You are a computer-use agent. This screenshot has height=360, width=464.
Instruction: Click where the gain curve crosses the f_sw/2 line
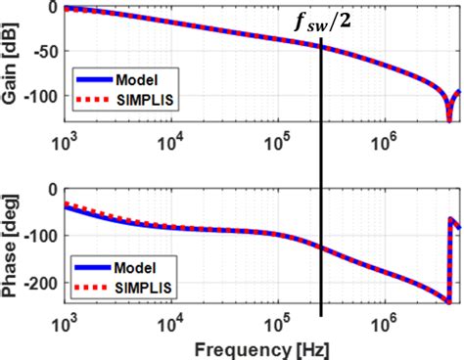pyautogui.click(x=320, y=43)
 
